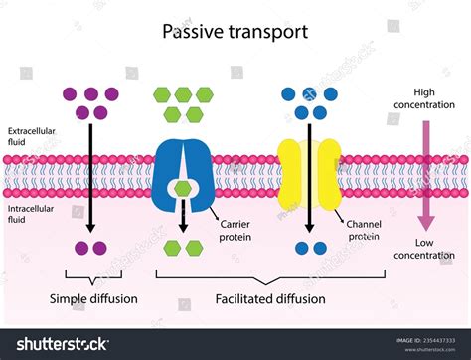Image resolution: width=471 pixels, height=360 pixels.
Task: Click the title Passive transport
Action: pos(235,31)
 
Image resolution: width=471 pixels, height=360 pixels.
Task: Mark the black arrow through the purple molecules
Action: pos(91,169)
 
